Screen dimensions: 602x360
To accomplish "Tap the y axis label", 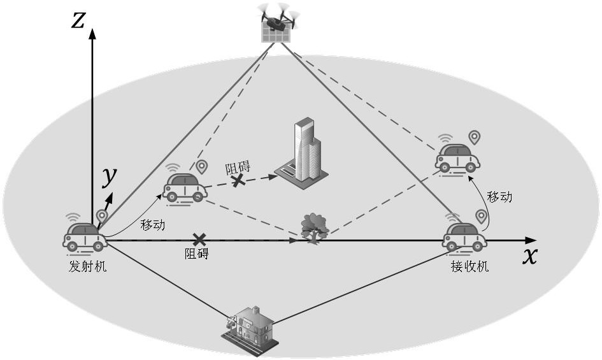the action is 110,177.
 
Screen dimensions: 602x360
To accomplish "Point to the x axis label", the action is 530,256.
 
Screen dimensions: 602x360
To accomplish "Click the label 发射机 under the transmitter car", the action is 88,266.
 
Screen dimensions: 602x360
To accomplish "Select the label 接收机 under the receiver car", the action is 470,266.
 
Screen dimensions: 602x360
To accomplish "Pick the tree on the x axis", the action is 315,228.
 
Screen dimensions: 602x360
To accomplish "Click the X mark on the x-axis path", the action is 199,240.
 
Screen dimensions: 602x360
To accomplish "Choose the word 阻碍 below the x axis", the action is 197,254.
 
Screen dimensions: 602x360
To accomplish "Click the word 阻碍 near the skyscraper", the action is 238,168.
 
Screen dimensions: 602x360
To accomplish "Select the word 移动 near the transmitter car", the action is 153,225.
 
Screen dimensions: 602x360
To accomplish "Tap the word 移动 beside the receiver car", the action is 499,197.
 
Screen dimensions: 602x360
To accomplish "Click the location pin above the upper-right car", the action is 475,138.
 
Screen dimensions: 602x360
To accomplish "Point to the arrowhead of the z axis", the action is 92,34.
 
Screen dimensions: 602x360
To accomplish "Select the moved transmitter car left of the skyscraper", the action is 185,188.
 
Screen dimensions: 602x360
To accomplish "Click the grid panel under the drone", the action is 276,33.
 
